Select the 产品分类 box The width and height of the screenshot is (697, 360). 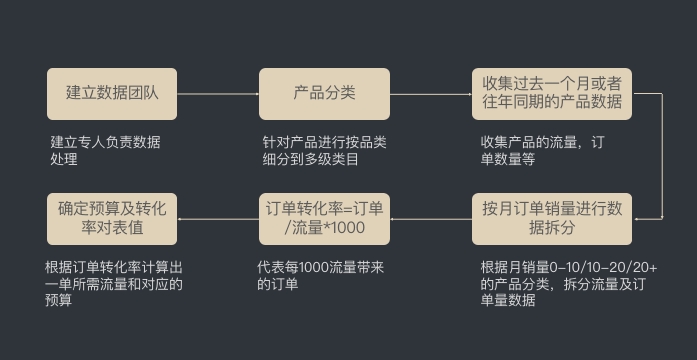[324, 93]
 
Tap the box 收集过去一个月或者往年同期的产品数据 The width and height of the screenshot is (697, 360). [552, 93]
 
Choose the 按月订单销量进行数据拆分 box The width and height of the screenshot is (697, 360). [552, 219]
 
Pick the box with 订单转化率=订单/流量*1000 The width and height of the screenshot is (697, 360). [324, 219]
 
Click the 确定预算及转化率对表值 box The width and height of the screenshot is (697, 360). [111, 219]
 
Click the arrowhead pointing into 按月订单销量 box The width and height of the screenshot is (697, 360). [637, 218]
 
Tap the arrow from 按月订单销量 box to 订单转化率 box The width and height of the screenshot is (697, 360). [430, 219]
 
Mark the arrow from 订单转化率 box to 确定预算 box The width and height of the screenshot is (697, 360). [217, 219]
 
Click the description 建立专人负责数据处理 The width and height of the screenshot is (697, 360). [104, 150]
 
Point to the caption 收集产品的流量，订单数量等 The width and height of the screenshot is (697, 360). [541, 150]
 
